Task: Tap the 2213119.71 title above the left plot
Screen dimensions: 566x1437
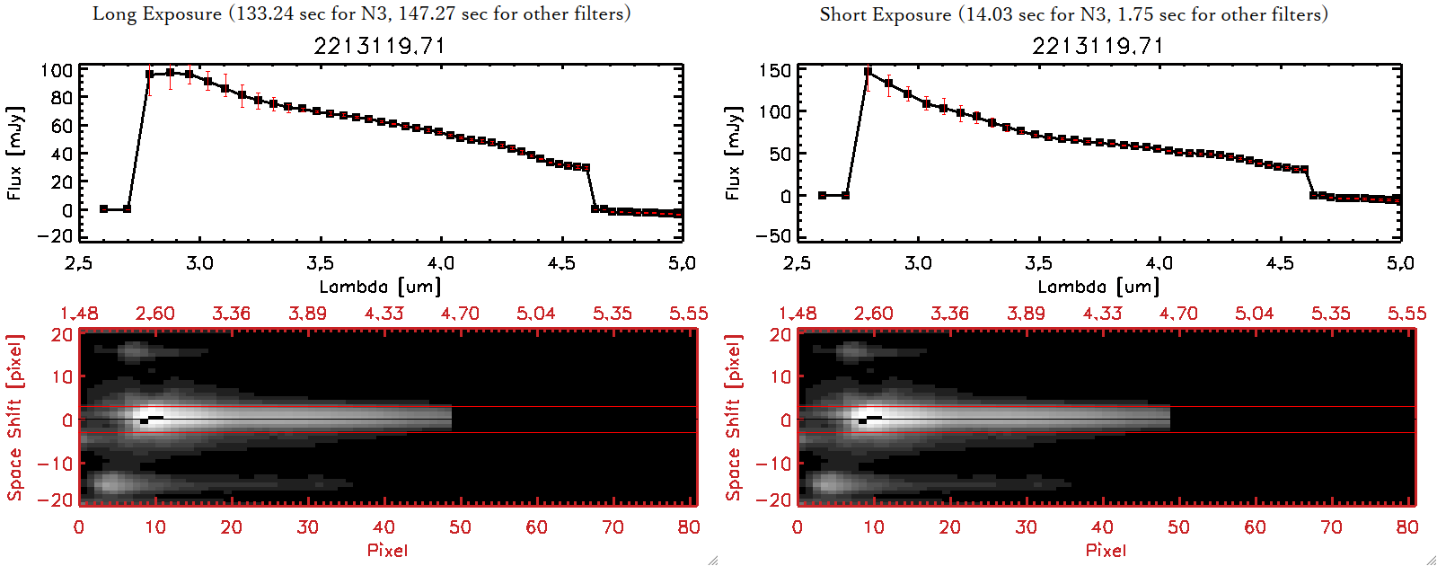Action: (x=379, y=46)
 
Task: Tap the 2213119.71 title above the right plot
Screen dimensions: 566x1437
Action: (x=1098, y=46)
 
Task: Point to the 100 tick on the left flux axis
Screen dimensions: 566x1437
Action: (x=57, y=70)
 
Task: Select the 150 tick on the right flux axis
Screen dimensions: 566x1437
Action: (x=774, y=70)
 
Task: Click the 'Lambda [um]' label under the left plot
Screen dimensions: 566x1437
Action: (x=380, y=287)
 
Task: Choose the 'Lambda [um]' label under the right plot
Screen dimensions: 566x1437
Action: (x=1098, y=287)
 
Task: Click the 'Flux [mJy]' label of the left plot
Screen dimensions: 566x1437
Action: (x=14, y=153)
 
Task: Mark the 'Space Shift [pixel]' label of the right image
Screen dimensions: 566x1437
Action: (x=734, y=418)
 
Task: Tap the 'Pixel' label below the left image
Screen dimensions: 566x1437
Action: (x=387, y=550)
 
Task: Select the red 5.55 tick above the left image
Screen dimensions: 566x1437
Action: (x=688, y=314)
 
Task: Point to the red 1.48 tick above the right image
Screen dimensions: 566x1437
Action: (x=798, y=314)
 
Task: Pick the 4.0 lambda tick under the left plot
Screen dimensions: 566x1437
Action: (x=440, y=263)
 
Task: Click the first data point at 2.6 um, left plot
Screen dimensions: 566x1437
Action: (x=104, y=209)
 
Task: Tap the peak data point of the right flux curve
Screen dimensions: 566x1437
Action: (x=868, y=72)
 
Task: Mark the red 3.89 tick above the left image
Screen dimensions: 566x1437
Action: (x=307, y=314)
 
